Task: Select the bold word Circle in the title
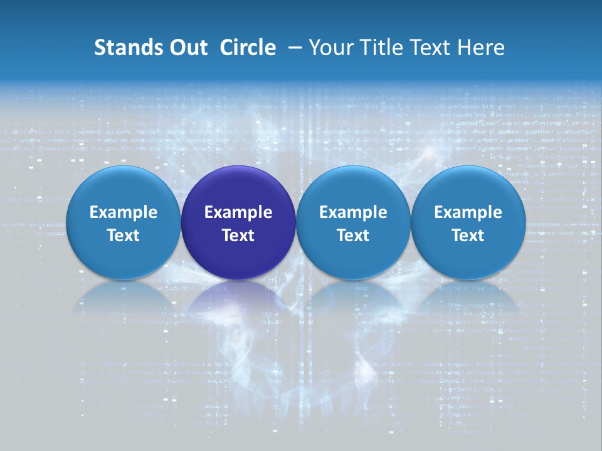point(248,48)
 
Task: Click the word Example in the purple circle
point(238,212)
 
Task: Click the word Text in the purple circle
point(238,236)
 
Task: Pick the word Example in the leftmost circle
point(123,212)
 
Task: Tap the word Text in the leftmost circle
point(123,236)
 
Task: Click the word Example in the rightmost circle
point(468,212)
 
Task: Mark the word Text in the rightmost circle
point(468,236)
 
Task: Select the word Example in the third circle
point(353,212)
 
